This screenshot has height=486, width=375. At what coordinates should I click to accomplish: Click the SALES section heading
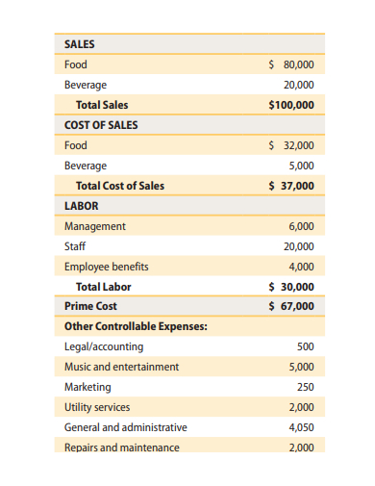coord(79,44)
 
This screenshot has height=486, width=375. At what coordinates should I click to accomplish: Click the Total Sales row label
coord(102,105)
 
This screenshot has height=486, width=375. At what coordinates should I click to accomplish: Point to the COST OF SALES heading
coord(101,125)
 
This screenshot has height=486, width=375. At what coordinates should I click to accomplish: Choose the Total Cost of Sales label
coord(120,186)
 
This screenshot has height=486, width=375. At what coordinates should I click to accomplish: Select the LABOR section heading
coord(81,206)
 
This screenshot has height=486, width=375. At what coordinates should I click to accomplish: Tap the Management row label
coord(94,226)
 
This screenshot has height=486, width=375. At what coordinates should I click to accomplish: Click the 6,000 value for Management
coord(300,226)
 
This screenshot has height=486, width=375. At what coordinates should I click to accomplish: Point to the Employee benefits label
coord(106,267)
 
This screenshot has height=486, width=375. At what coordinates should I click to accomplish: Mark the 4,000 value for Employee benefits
coord(300,267)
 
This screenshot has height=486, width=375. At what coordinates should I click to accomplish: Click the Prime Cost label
coord(90,306)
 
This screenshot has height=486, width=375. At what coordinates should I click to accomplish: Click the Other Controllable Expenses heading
coord(136,326)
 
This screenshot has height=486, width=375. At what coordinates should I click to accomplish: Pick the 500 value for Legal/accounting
coord(305,346)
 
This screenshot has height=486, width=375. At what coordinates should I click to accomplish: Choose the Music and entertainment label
coord(121,367)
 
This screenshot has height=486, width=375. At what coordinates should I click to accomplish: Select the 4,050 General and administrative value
coord(300,426)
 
